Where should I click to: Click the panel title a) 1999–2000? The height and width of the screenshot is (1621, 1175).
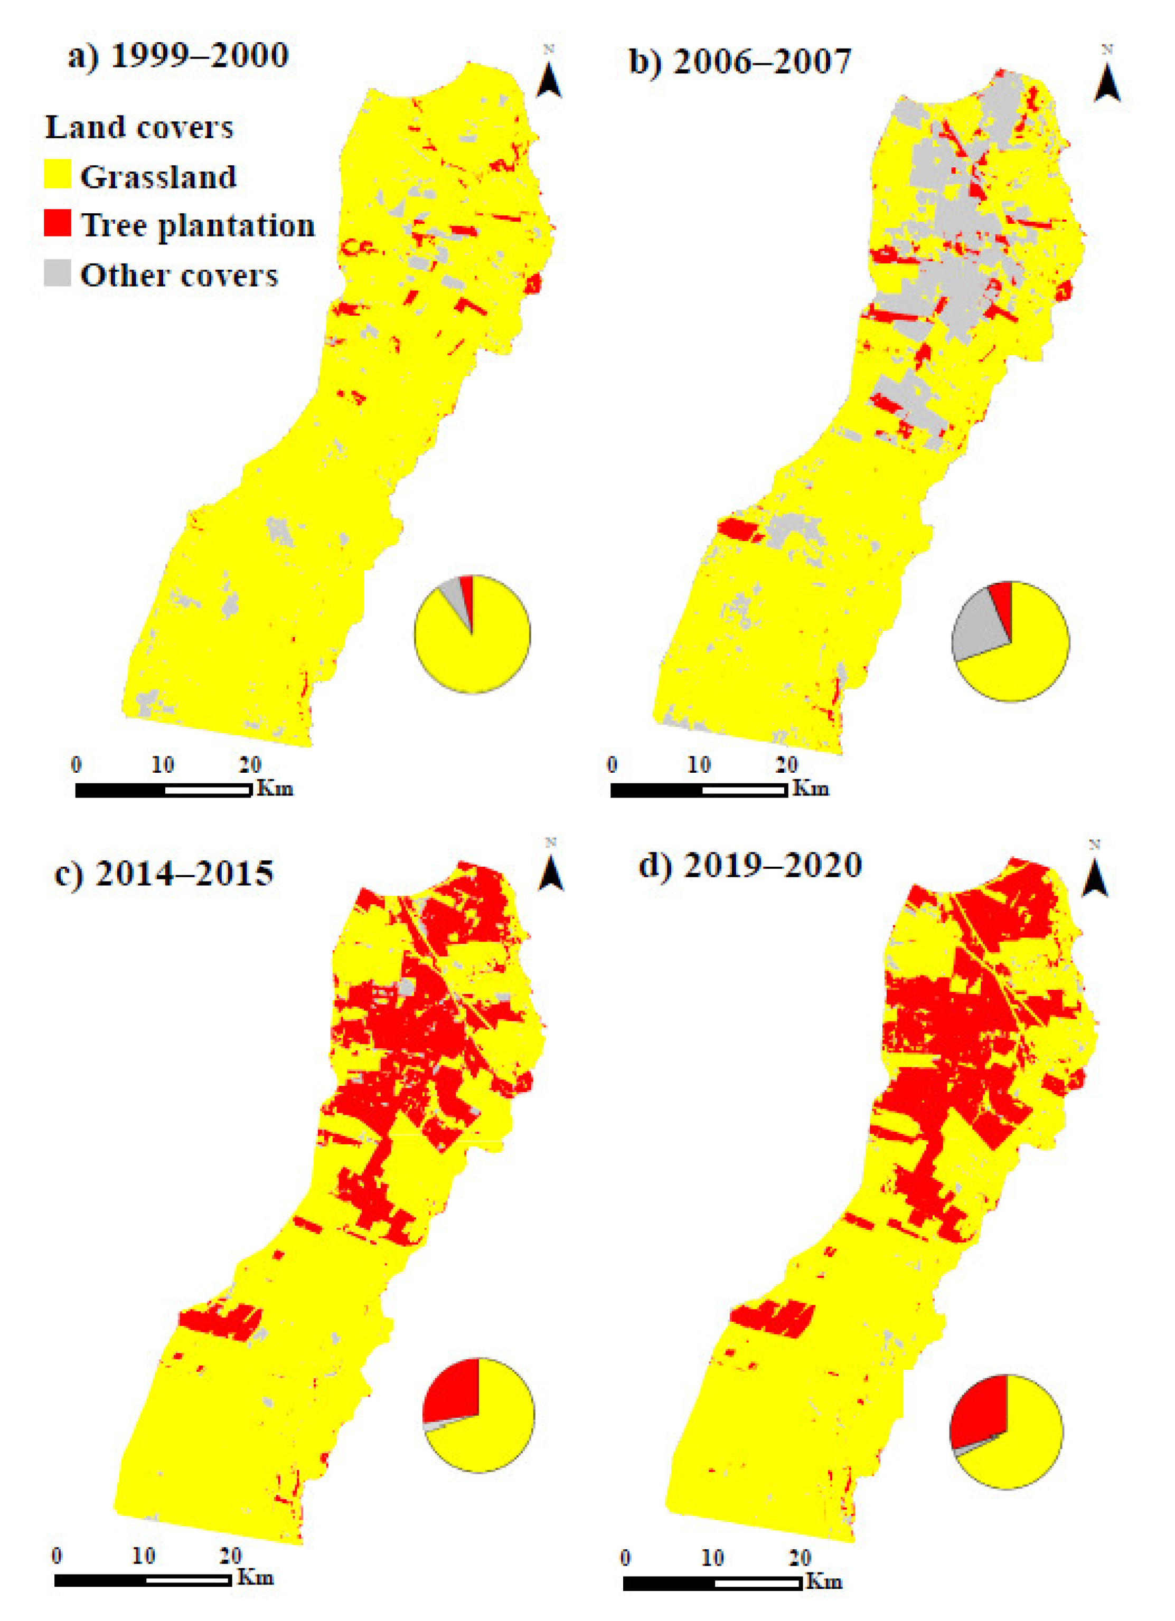pyautogui.click(x=177, y=56)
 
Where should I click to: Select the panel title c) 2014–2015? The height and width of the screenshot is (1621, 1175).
pyautogui.click(x=164, y=874)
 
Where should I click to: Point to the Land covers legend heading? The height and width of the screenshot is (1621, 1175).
pyautogui.click(x=139, y=128)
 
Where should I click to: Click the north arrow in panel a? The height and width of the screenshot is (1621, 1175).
pyautogui.click(x=549, y=79)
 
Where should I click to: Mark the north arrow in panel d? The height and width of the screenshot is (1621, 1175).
pyautogui.click(x=1094, y=878)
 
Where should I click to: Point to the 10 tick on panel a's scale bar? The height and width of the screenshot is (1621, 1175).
pyautogui.click(x=163, y=765)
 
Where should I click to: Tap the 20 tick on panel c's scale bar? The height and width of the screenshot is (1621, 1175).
pyautogui.click(x=230, y=1555)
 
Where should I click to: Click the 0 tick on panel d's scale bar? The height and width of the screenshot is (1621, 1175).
pyautogui.click(x=625, y=1557)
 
